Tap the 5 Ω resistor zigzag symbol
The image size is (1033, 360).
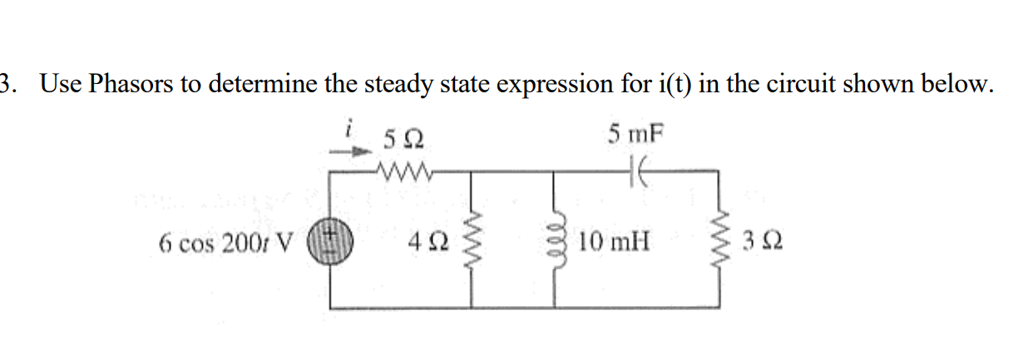pyautogui.click(x=403, y=172)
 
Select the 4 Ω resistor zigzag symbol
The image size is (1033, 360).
pyautogui.click(x=475, y=243)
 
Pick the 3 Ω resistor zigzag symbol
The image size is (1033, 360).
pyautogui.click(x=719, y=243)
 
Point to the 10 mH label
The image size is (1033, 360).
pyautogui.click(x=616, y=244)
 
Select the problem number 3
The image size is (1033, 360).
pyautogui.click(x=7, y=85)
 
